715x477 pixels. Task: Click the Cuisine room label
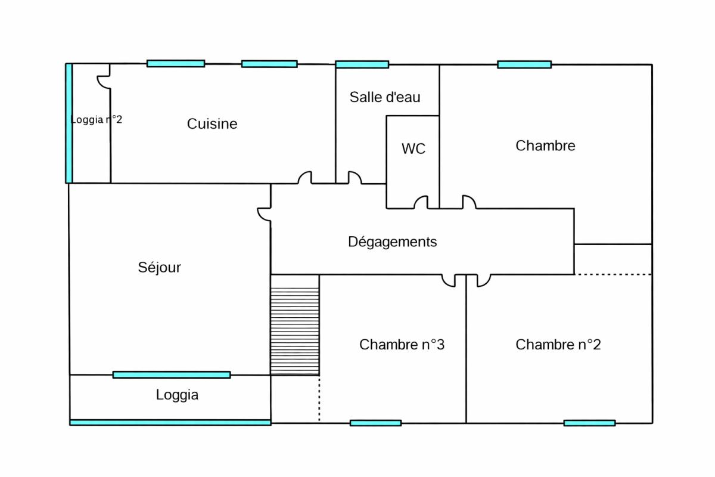[212, 124]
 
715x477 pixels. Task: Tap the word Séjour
[159, 268]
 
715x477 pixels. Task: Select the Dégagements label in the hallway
[392, 242]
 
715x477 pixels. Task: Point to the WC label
[414, 149]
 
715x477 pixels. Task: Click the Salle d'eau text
[385, 97]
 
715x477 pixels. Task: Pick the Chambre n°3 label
[402, 345]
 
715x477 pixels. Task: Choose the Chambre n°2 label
[558, 345]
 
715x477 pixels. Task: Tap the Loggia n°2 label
[96, 119]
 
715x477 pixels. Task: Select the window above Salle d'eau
[362, 64]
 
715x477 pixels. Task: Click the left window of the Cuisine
[176, 63]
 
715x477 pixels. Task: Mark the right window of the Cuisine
[269, 64]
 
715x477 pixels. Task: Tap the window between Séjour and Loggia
[172, 374]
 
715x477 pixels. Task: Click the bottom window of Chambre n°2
[589, 423]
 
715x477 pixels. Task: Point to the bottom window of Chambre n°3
[375, 423]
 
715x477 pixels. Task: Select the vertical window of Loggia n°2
[69, 123]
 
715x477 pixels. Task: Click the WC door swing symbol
[421, 203]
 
